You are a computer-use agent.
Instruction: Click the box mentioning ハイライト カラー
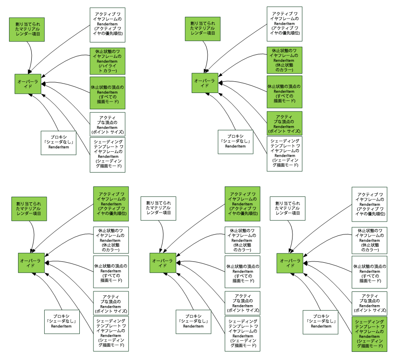coord(107,61)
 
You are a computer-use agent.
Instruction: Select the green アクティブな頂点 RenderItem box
coord(284,124)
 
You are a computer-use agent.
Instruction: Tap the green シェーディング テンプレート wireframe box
coord(369,334)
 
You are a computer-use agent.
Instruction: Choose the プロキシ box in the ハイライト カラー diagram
coord(58,143)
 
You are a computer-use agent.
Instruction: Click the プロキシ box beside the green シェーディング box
coord(321,322)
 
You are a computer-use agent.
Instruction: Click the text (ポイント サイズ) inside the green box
coord(284,132)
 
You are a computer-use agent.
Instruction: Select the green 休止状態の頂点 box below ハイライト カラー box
coord(107,93)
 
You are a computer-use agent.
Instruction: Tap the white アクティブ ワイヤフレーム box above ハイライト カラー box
coord(107,25)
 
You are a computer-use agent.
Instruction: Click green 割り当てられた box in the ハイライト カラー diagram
coord(27,29)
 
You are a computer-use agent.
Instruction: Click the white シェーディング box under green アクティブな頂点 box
coord(284,154)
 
